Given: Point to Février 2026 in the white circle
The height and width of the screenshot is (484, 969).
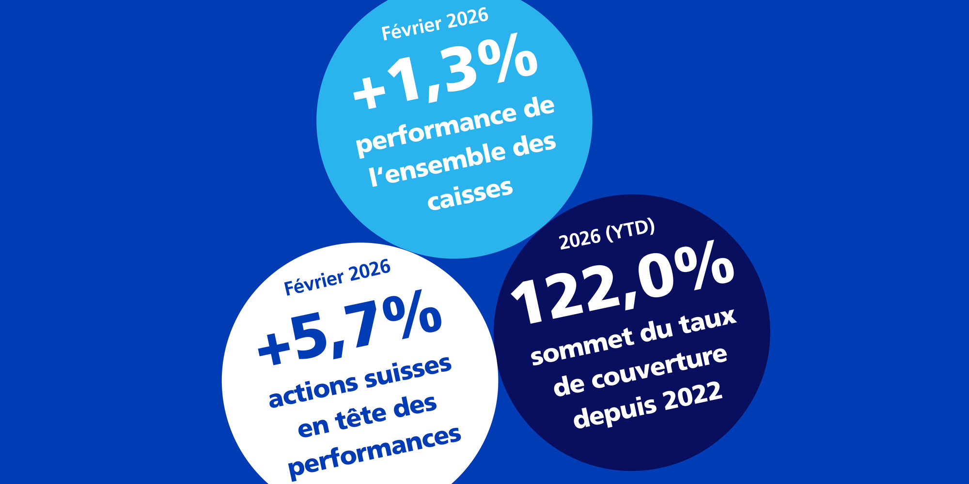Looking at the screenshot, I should (x=337, y=277).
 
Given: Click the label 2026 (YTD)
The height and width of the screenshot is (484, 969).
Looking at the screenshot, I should (x=607, y=234).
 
